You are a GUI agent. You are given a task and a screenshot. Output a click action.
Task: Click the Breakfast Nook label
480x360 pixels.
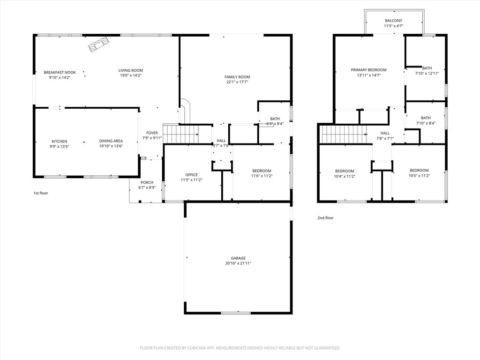tap(60, 73)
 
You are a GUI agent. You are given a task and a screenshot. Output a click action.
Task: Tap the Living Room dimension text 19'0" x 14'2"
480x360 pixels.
tap(131, 75)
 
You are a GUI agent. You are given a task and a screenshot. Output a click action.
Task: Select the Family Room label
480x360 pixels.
tap(237, 77)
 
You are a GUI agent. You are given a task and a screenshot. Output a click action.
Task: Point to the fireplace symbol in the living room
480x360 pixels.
tap(98, 45)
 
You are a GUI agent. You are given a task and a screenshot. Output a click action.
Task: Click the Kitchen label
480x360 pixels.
tap(60, 142)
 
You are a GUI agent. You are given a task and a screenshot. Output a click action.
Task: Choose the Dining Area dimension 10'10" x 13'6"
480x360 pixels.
tap(111, 146)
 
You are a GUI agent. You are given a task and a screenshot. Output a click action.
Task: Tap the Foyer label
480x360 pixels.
tap(152, 133)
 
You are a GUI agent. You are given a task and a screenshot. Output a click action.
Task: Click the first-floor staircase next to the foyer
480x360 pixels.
tap(180, 134)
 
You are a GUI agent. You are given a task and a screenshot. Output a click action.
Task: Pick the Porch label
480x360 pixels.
tap(147, 182)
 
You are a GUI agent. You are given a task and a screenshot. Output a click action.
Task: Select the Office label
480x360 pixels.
tap(191, 175)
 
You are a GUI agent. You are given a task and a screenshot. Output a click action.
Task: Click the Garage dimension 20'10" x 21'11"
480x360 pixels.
tap(238, 263)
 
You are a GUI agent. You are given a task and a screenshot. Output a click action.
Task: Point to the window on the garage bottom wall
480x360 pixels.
tap(236, 313)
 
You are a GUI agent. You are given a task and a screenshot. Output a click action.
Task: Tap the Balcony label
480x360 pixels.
tap(394, 21)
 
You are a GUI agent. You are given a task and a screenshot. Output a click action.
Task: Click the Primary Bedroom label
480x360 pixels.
tap(368, 70)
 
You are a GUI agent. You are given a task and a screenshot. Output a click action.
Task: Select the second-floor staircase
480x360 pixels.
tap(343, 134)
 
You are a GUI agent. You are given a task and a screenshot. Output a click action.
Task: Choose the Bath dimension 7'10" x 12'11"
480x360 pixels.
tap(427, 74)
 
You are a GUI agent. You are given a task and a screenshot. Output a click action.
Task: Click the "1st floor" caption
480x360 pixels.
tap(41, 193)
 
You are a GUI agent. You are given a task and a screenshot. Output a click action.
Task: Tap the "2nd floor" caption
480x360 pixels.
tap(325, 218)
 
